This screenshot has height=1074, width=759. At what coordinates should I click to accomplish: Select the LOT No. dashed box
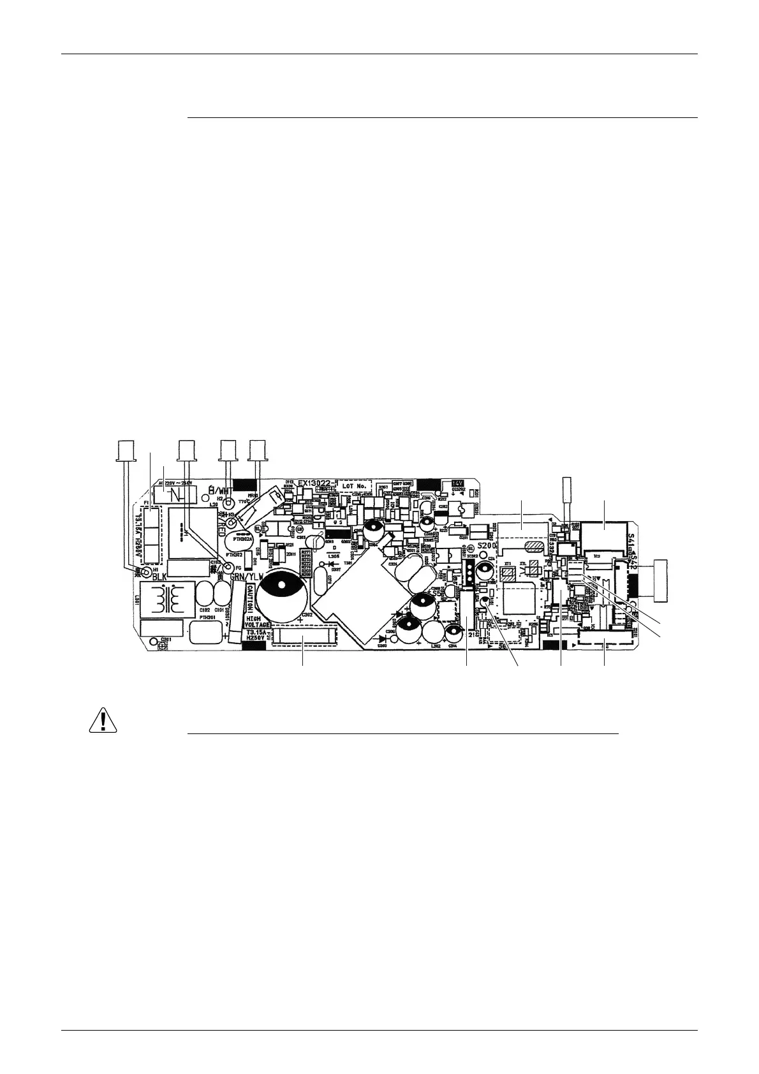[x=354, y=486]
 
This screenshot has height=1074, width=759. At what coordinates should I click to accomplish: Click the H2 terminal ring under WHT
[x=228, y=501]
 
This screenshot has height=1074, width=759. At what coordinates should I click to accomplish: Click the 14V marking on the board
[x=457, y=483]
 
